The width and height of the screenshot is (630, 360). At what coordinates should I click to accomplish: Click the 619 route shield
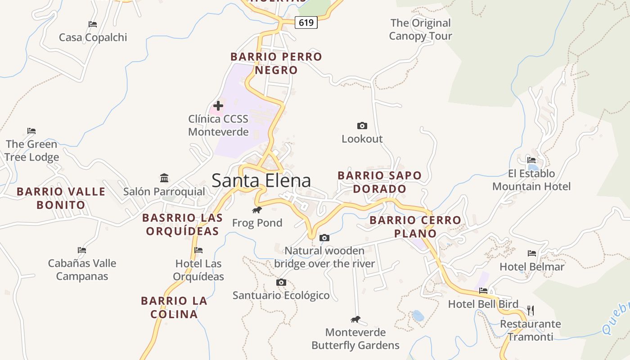(306, 22)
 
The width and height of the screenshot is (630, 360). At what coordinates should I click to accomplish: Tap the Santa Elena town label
(261, 180)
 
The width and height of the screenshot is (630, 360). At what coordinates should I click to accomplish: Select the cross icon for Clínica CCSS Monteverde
(218, 106)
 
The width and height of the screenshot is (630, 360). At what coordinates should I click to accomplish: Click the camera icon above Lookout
(362, 126)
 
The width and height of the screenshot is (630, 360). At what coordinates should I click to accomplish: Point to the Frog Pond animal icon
(257, 210)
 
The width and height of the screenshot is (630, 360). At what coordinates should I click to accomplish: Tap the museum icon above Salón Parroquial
(164, 178)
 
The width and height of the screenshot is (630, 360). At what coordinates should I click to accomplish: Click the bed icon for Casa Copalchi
(93, 24)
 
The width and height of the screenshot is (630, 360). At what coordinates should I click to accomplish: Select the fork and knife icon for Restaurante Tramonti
(531, 310)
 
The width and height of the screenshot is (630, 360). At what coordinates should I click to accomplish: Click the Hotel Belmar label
(531, 266)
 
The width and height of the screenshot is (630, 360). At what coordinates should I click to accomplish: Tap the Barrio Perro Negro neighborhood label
(276, 63)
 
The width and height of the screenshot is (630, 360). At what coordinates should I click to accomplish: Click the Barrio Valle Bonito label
(61, 198)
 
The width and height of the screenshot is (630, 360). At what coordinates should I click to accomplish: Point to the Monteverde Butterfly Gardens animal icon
(355, 319)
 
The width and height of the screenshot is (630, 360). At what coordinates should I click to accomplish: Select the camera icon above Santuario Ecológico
(281, 282)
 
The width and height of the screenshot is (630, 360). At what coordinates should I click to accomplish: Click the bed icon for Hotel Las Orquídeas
(198, 250)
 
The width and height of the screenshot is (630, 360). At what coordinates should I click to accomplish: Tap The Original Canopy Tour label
(420, 29)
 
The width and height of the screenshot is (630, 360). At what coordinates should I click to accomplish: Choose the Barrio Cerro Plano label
(415, 226)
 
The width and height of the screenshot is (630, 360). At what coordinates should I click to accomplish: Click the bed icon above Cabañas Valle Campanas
(81, 250)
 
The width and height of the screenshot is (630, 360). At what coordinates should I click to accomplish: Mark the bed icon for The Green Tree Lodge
(31, 131)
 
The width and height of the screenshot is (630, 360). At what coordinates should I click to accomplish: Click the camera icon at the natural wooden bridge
(324, 238)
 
